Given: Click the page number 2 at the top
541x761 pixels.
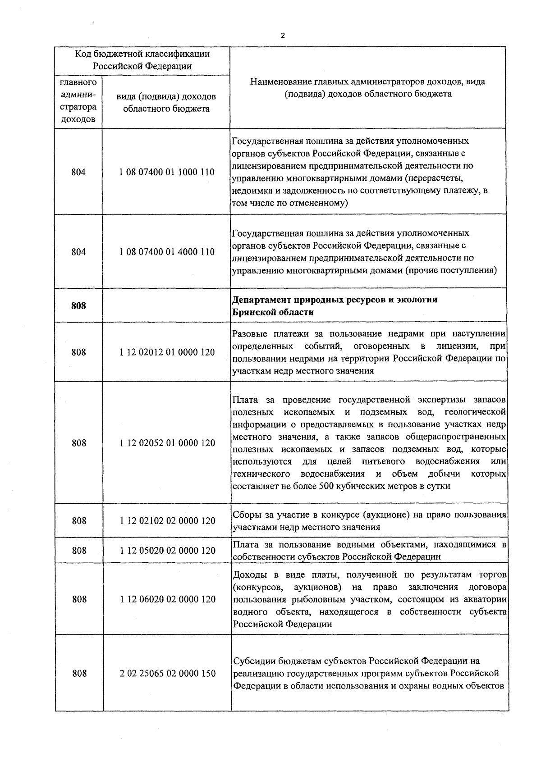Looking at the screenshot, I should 282,36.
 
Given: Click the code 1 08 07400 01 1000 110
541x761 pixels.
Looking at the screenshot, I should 167,172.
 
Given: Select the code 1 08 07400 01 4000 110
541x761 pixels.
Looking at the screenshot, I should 167,252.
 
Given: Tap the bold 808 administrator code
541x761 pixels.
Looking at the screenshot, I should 78,306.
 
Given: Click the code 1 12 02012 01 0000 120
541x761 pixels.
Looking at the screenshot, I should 167,352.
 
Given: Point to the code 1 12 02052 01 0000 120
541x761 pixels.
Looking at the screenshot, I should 167,443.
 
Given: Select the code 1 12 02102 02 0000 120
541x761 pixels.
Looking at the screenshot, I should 167,521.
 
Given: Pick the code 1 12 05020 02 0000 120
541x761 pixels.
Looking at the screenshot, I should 167,551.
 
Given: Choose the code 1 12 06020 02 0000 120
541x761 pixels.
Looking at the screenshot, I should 167,599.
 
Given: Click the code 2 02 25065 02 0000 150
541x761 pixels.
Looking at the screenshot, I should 167,674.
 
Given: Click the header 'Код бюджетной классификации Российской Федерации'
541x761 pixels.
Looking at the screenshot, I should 142,60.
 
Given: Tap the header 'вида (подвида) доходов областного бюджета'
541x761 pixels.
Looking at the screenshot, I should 166,103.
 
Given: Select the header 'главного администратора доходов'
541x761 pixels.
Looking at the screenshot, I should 78,101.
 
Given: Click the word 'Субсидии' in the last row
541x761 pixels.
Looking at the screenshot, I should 254,661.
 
